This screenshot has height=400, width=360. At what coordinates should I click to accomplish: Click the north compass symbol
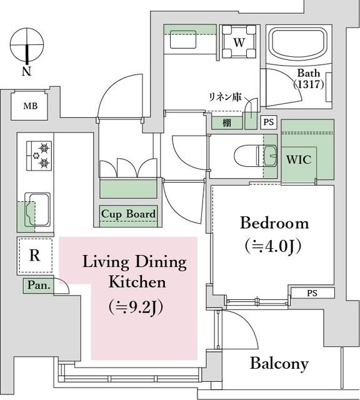click(27, 44)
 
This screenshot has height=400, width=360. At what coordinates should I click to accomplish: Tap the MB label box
click(31, 106)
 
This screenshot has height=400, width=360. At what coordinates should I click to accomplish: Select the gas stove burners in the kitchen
click(39, 156)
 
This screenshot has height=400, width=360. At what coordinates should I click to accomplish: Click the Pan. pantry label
click(38, 286)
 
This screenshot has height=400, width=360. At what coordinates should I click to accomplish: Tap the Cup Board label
click(128, 214)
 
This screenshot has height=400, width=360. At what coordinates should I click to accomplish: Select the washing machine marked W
click(239, 42)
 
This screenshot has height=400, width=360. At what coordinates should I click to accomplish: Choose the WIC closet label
click(299, 159)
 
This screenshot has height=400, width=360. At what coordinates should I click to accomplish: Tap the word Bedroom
click(274, 223)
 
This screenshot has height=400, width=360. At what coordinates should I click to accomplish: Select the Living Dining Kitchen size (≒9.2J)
click(136, 307)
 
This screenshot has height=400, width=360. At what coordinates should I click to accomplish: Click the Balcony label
click(279, 363)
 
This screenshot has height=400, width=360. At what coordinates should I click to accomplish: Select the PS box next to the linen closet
click(268, 122)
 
